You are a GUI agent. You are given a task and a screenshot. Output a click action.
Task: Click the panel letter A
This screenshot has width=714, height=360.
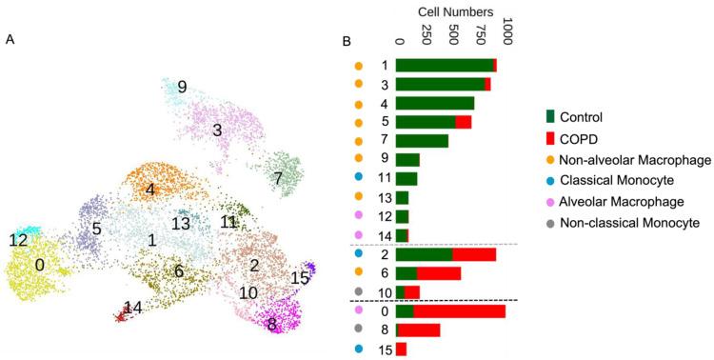pos(10,39)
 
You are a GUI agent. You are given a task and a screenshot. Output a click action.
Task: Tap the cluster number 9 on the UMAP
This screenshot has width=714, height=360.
pos(181,87)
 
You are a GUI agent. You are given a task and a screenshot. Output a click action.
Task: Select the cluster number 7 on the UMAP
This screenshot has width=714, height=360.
pos(278,178)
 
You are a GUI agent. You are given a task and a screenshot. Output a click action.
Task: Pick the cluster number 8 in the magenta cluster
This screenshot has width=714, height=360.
pos(272,324)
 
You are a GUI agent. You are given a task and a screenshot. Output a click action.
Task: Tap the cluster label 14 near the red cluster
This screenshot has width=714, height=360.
pos(133,307)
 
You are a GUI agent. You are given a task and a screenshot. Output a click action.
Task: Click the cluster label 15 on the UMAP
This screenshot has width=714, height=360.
pos(300,277)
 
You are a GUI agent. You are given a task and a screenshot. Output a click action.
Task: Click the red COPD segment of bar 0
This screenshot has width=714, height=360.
pos(459,311)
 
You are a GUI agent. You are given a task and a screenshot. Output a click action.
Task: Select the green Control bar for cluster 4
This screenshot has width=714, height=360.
pos(435,103)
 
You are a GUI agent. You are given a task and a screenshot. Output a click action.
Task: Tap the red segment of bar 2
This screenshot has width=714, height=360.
pos(474,254)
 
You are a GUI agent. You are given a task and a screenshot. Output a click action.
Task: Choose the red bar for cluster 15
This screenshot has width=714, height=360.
pos(402,349)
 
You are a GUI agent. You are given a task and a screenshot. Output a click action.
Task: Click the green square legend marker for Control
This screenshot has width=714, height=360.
pos(550,117)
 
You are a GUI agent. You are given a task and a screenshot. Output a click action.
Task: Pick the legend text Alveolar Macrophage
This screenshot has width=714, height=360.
pos(618,202)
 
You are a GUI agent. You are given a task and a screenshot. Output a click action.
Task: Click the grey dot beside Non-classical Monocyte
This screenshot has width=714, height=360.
pos(551,223)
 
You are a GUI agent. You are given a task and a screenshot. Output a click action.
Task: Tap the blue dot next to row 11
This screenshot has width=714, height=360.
pos(359,178)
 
